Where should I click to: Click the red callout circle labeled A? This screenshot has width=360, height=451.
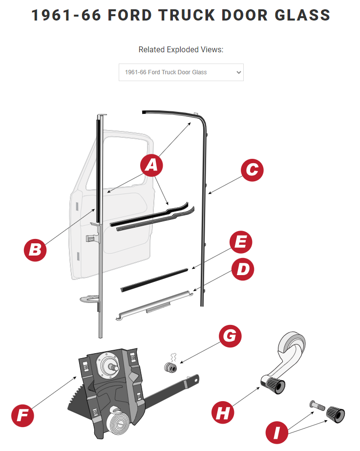click(x=151, y=165)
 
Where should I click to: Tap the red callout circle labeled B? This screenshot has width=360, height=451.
click(x=35, y=250)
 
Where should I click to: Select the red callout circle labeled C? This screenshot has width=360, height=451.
click(x=252, y=170)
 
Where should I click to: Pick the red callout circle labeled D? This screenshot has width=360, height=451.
click(x=243, y=269)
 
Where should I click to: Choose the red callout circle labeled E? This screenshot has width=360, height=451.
click(x=241, y=242)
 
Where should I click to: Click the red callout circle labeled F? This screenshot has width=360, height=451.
click(x=22, y=415)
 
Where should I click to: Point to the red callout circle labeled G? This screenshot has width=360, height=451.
click(x=230, y=336)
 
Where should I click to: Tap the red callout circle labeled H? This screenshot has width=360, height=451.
click(x=223, y=412)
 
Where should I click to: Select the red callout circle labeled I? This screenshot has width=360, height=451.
click(x=277, y=432)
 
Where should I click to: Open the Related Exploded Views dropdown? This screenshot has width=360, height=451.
click(x=181, y=72)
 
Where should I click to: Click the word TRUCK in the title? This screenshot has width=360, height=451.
click(x=187, y=15)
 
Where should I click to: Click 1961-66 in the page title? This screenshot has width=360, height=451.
click(x=66, y=15)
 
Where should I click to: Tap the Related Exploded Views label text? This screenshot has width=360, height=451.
click(x=181, y=49)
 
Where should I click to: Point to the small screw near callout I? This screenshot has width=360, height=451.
click(x=317, y=405)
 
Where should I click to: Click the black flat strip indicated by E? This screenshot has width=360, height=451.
click(x=154, y=280)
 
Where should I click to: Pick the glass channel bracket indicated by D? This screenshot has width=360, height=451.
click(x=154, y=305)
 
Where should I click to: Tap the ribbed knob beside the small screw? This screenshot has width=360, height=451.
click(x=336, y=414)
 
